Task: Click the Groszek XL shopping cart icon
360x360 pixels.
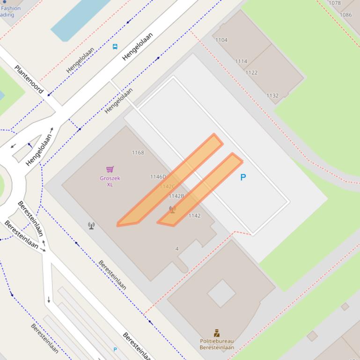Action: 110,169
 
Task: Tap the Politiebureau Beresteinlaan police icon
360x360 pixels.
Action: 216,333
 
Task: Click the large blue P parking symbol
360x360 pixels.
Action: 243,177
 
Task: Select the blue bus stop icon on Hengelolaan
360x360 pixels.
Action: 115,46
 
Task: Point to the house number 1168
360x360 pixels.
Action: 138,152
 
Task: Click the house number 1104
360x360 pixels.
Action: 221,40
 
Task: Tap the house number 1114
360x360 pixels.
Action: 241,61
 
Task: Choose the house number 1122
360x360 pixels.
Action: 251,72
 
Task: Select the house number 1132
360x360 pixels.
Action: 272,95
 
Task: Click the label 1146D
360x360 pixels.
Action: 158,177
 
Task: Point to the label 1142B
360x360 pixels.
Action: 176,196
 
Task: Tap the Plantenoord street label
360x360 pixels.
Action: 29,79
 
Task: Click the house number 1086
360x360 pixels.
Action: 345,15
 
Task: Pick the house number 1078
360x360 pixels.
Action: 335,3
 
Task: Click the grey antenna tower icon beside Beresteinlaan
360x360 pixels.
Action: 91,226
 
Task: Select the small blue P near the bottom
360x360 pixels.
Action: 115,349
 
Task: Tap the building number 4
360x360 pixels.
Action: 177,249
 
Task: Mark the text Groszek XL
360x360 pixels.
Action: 110,181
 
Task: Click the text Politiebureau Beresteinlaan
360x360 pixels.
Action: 216,344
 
